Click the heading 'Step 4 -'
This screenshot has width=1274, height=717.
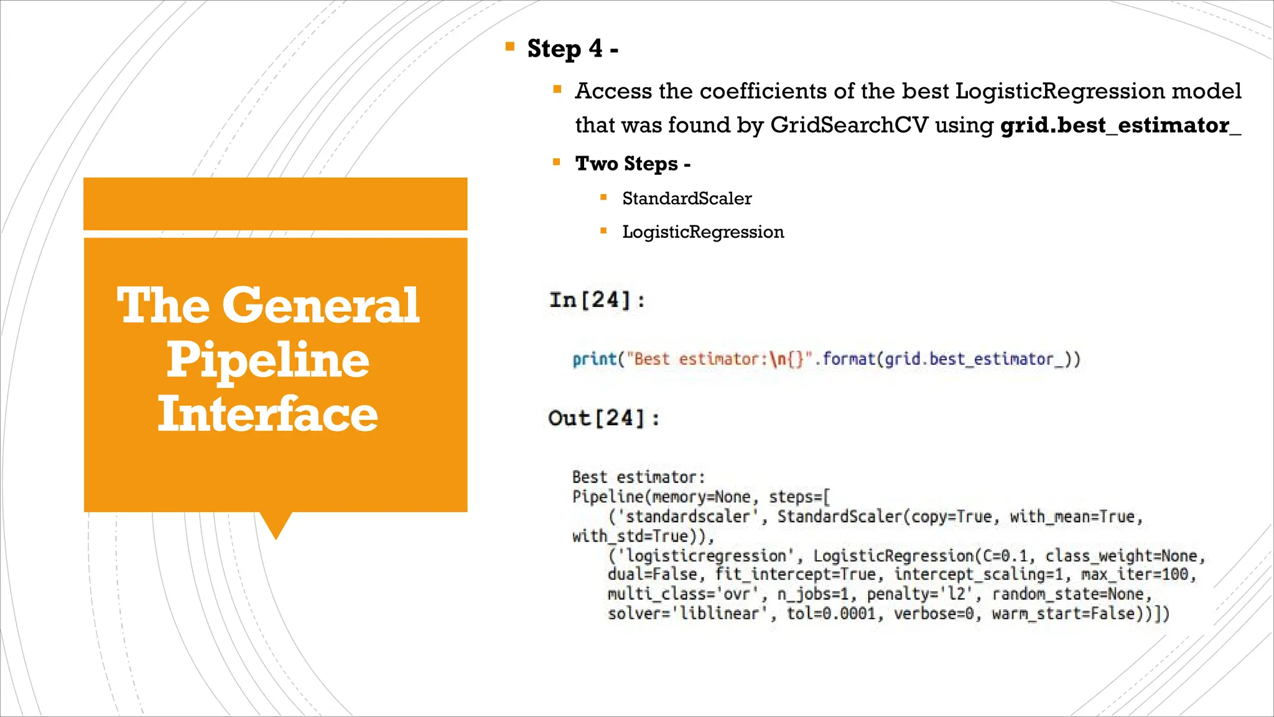click(572, 49)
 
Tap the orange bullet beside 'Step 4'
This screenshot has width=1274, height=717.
click(510, 46)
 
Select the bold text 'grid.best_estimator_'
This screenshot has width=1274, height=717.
click(1120, 125)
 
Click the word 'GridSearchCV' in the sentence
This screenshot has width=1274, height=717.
click(849, 125)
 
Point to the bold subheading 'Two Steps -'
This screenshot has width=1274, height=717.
click(633, 164)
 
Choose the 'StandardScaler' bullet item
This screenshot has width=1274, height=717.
click(687, 199)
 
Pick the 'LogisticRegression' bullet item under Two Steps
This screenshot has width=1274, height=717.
click(703, 232)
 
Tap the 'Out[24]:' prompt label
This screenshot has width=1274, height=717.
click(603, 418)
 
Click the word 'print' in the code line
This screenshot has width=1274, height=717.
click(595, 359)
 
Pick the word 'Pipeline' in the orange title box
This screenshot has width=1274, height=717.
click(268, 360)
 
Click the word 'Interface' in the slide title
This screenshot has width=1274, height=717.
click(268, 414)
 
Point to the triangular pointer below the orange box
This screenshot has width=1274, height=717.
click(276, 524)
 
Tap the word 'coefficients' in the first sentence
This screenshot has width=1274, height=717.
click(763, 91)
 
